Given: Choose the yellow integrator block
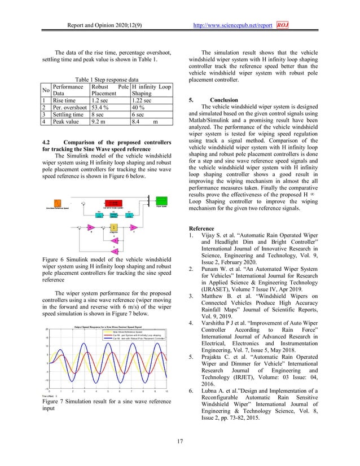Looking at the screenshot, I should coord(113,227).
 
